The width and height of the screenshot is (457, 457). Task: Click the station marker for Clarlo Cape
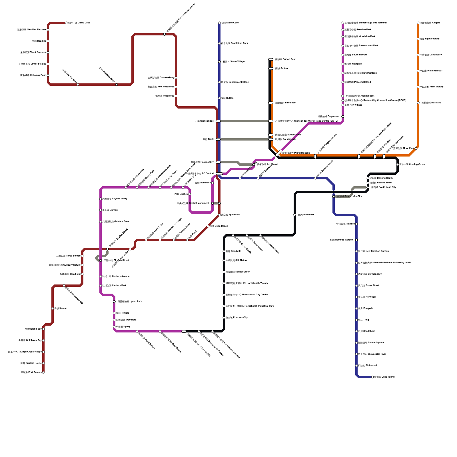[x=66, y=23]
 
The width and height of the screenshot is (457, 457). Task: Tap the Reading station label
[x=39, y=41]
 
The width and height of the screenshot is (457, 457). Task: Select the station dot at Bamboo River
[x=117, y=85]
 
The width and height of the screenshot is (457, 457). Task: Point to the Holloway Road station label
[x=33, y=75]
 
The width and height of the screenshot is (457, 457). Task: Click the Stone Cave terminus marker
[x=219, y=23]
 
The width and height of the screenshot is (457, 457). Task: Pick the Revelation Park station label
[x=234, y=43]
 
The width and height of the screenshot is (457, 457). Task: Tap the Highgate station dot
[x=343, y=64]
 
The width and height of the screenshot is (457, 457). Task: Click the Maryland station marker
[x=418, y=103]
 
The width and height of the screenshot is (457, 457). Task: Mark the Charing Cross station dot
[x=398, y=165]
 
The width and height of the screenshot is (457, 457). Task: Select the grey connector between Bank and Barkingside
[x=244, y=139]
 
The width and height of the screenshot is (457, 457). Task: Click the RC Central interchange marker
[x=219, y=174]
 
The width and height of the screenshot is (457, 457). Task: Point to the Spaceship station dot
[x=219, y=215]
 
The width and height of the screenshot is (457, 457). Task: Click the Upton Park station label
[x=130, y=302]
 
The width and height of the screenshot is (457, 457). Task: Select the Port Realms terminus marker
[x=43, y=372]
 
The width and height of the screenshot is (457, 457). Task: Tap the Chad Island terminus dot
[x=372, y=377]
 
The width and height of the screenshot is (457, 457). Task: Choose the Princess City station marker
[x=224, y=318]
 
